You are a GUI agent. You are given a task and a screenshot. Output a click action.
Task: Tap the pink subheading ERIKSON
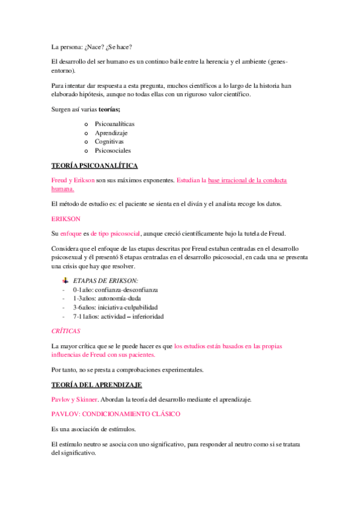(66, 218)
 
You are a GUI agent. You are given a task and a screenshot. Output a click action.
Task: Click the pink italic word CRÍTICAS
(66, 331)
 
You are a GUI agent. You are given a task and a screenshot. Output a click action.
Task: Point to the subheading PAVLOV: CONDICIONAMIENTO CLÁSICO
(115, 414)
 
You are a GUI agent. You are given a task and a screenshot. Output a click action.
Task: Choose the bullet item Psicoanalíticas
(115, 124)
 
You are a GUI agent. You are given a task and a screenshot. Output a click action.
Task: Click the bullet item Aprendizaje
(111, 133)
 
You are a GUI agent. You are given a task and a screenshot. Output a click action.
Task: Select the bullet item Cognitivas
(109, 141)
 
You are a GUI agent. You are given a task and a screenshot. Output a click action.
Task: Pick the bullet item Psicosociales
(112, 150)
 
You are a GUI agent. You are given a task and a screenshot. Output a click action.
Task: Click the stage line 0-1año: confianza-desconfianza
(115, 289)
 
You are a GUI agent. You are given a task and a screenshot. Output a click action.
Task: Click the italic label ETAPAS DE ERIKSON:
(105, 280)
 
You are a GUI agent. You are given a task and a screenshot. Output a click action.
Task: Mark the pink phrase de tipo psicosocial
(114, 233)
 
